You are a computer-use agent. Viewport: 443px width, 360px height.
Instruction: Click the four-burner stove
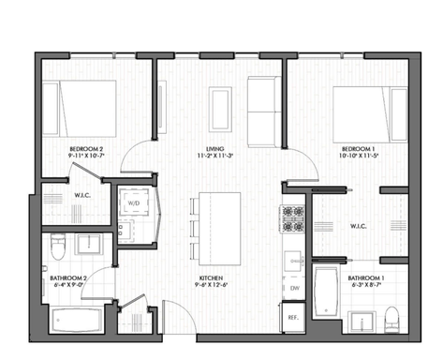[x=293, y=220]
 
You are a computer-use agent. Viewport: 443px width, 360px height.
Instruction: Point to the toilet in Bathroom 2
[x=59, y=248]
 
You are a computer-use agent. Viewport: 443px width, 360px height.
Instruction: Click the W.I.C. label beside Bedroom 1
[x=360, y=226]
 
